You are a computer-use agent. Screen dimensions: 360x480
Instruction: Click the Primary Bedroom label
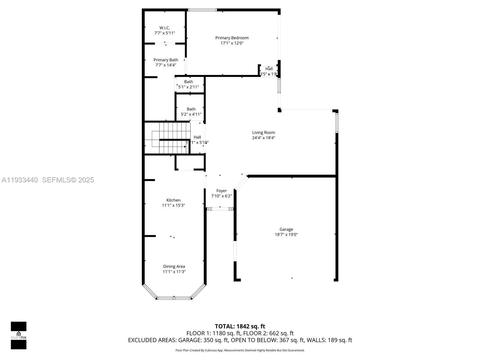232,38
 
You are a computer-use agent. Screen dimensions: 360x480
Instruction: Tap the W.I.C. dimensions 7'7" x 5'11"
165,33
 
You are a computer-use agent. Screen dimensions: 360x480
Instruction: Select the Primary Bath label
166,60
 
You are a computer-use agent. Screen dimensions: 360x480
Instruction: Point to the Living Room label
263,132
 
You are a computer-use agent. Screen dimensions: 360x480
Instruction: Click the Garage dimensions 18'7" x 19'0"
286,235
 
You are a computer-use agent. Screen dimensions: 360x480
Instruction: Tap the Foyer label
221,190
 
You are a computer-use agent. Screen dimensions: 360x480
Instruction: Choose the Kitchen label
173,200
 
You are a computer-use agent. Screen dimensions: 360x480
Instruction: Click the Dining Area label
174,266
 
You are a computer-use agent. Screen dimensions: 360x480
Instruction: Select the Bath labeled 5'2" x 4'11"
191,111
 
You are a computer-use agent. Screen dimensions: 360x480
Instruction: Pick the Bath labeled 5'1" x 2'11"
188,84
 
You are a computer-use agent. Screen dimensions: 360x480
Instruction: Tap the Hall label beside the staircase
197,137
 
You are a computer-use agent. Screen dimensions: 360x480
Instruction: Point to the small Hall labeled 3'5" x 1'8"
269,71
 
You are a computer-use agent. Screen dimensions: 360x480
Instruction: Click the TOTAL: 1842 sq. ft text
240,326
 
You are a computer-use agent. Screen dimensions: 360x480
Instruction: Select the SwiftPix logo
19,335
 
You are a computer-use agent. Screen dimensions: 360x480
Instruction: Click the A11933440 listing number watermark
20,180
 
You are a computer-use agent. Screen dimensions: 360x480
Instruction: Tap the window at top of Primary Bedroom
202,10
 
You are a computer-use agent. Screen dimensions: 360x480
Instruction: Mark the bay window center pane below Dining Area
174,298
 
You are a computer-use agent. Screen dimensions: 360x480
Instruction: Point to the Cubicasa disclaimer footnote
240,350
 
